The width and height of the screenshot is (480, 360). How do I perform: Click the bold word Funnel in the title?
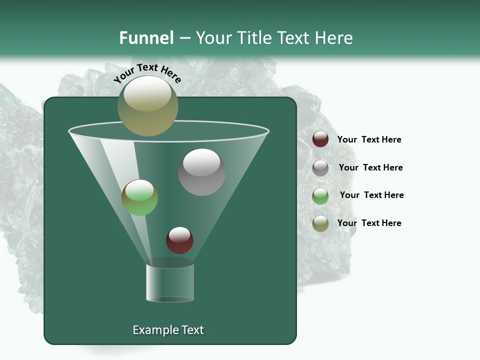click(x=146, y=37)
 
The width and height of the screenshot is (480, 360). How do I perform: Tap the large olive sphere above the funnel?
click(x=148, y=106)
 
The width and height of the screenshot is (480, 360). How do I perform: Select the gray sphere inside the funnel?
click(x=201, y=172)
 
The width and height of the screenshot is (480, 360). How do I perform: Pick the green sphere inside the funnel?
click(x=139, y=197)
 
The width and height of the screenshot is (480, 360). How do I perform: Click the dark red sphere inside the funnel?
click(x=179, y=240)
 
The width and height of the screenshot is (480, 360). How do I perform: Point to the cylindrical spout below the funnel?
click(x=170, y=282)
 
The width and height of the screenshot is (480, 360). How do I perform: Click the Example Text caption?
click(x=168, y=330)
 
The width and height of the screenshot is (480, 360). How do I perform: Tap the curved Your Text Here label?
click(x=147, y=73)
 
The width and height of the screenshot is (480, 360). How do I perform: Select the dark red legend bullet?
click(x=320, y=139)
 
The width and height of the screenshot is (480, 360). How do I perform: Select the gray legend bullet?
click(x=320, y=168)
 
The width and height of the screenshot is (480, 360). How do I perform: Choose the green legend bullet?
click(x=320, y=196)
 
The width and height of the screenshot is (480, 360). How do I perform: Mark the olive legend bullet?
click(x=320, y=223)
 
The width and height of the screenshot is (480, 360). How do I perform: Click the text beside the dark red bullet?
click(x=369, y=139)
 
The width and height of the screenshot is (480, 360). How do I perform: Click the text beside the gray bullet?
click(x=370, y=167)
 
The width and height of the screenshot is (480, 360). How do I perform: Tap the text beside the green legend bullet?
click(x=371, y=195)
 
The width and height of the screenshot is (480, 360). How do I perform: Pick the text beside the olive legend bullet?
click(x=369, y=223)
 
